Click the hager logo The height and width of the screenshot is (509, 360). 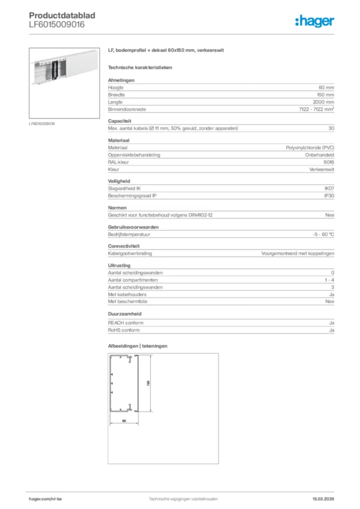click(x=314, y=21)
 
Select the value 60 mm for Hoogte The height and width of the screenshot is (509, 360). click(x=326, y=87)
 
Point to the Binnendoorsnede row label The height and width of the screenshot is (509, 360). click(x=127, y=109)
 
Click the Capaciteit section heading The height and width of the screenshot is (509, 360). click(x=119, y=121)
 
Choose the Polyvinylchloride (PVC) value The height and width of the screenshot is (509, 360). click(x=310, y=148)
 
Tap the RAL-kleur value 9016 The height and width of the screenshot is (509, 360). click(x=329, y=162)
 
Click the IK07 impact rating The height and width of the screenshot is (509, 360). click(x=329, y=188)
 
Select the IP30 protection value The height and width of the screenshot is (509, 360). click(x=329, y=196)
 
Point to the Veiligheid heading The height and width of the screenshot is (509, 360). click(x=119, y=181)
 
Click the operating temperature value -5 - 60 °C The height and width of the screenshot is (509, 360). click(x=320, y=234)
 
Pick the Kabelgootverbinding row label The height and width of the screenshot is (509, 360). click(x=130, y=253)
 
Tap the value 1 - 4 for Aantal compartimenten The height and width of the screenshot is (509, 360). click(x=329, y=280)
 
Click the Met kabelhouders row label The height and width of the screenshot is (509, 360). click(x=127, y=294)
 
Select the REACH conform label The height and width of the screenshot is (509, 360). click(x=124, y=323)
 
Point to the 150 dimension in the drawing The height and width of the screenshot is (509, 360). click(x=148, y=383)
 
